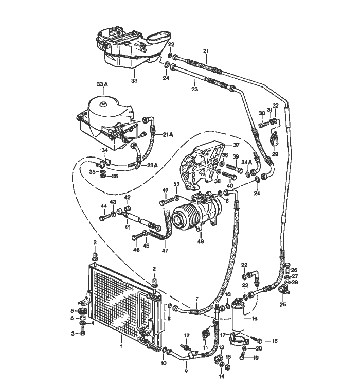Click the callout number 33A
point(102,84)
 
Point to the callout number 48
point(200,241)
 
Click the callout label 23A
point(152,165)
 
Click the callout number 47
point(165,251)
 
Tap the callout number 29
point(275,154)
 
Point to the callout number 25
point(282,305)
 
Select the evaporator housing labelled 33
point(129,49)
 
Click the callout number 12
point(187,335)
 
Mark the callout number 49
point(166,190)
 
